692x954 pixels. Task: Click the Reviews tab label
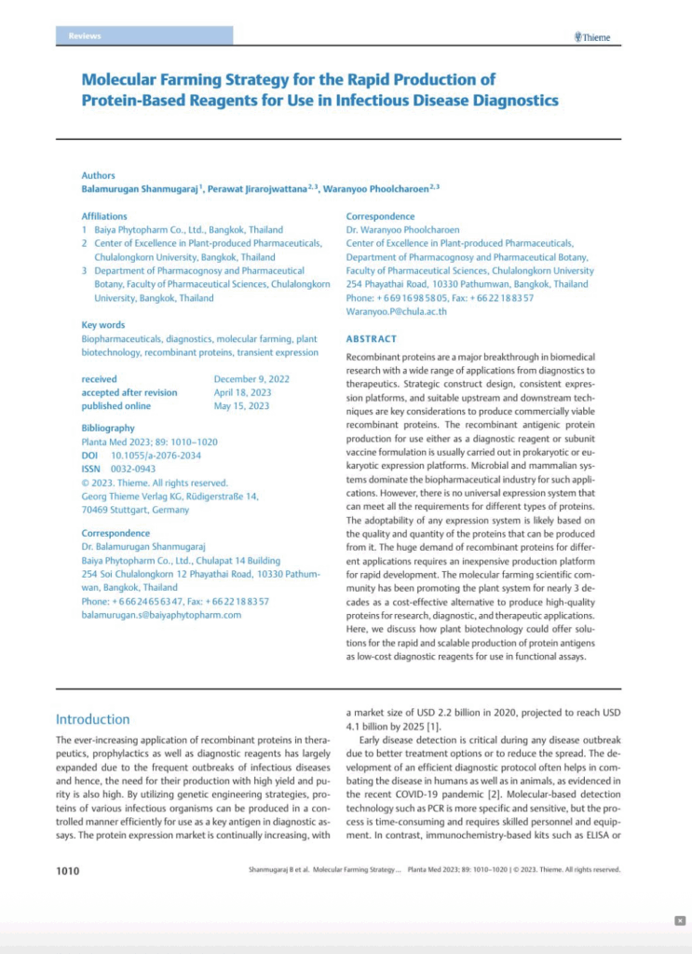click(x=85, y=36)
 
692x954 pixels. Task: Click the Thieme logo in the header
click(x=592, y=37)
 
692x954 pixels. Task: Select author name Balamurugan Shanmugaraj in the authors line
click(x=139, y=189)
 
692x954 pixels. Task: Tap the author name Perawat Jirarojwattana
click(x=261, y=189)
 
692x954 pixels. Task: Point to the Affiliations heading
click(x=104, y=216)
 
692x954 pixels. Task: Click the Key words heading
click(x=103, y=325)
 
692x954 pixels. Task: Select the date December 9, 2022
click(x=251, y=379)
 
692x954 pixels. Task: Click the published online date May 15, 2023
click(x=240, y=406)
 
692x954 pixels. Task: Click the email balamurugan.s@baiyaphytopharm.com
click(x=161, y=616)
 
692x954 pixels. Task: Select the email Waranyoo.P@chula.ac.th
click(x=396, y=312)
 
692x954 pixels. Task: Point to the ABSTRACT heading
click(x=371, y=339)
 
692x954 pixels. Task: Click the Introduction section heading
click(x=92, y=719)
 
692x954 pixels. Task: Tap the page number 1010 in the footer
click(x=68, y=870)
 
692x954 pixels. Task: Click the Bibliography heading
click(x=108, y=429)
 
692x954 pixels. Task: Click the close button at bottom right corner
click(x=680, y=920)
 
